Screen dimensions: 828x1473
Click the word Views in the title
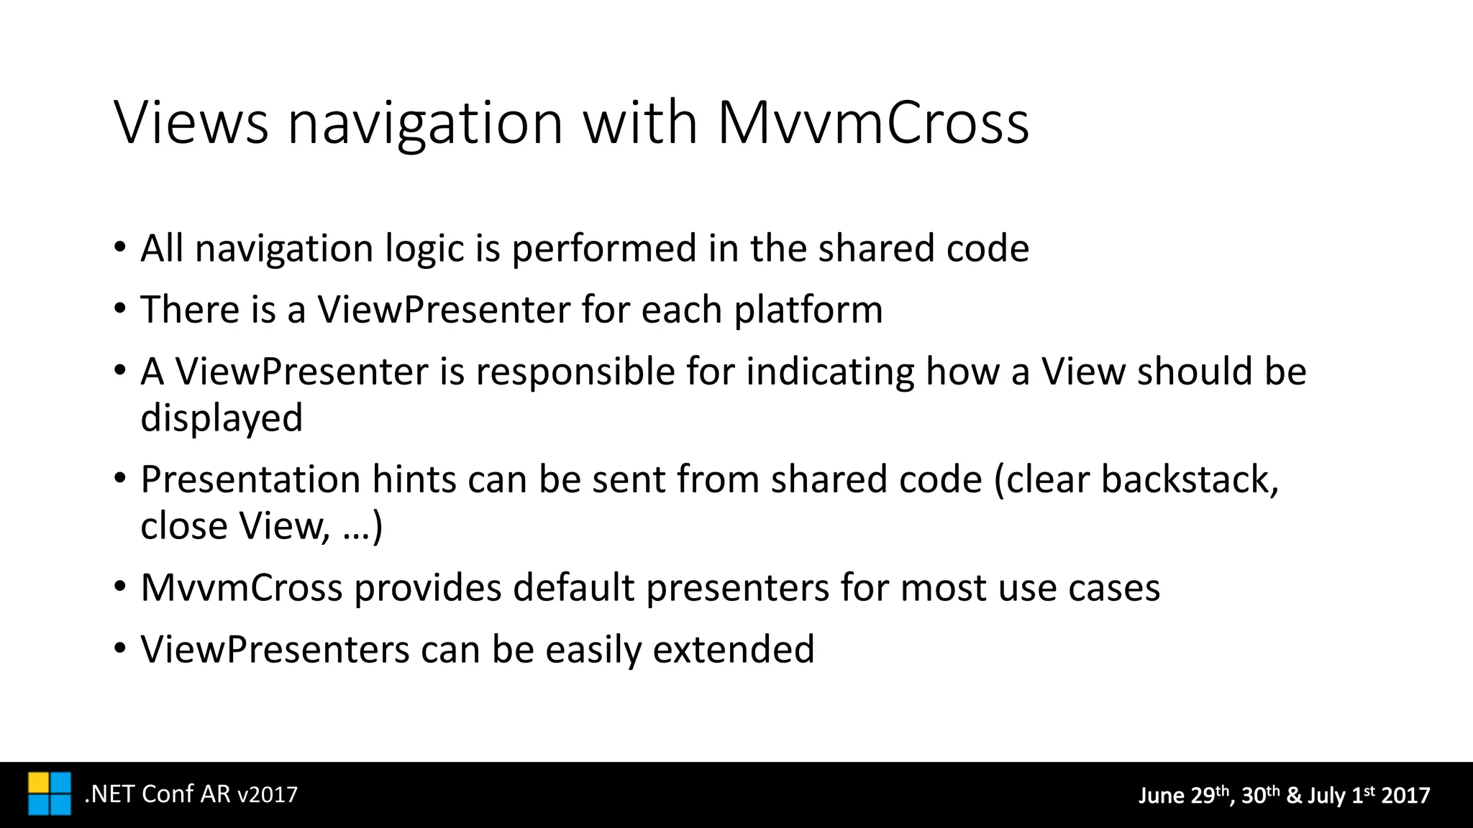point(191,123)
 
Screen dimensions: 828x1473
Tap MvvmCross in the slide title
point(873,123)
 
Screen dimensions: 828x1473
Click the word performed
point(604,249)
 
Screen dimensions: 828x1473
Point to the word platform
point(808,310)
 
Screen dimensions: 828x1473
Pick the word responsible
point(575,372)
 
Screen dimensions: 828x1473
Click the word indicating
point(830,372)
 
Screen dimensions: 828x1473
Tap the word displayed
point(222,419)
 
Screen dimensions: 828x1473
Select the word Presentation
point(250,480)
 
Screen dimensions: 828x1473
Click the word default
point(573,589)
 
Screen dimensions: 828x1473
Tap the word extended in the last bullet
point(734,650)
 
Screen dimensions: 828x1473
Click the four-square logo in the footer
point(50,794)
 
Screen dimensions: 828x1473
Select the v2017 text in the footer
point(268,795)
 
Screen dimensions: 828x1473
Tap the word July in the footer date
point(1326,796)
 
